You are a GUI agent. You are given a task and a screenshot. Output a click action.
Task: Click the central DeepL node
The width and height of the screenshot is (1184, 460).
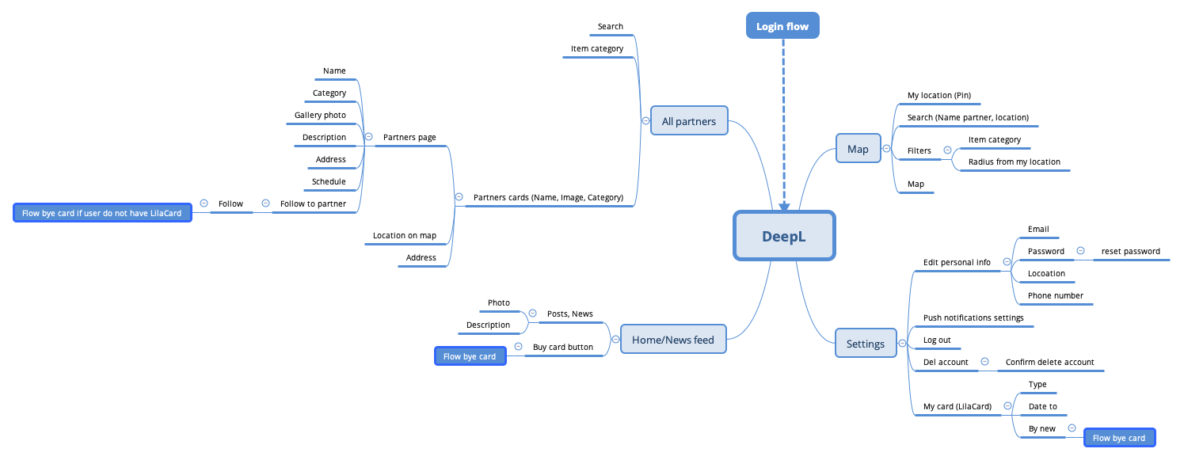(x=783, y=236)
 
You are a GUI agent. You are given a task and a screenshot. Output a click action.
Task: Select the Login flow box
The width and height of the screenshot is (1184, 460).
(x=782, y=26)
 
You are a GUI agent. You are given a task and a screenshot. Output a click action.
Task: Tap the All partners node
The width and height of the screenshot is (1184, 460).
(x=688, y=121)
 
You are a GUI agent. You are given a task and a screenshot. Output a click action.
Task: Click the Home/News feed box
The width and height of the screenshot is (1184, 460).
(x=672, y=340)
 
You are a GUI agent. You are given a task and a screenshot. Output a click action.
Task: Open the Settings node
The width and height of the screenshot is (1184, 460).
(x=865, y=344)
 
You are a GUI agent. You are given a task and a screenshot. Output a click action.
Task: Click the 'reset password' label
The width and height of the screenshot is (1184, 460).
(x=1130, y=251)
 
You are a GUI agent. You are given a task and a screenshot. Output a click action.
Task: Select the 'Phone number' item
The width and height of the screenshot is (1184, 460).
(x=1055, y=295)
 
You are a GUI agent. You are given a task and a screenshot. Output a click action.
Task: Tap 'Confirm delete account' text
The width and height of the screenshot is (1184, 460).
(x=1049, y=362)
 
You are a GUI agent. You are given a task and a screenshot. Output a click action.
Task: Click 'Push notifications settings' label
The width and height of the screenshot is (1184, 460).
(x=973, y=317)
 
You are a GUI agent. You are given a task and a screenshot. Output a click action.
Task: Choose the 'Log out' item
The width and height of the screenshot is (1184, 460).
(x=937, y=340)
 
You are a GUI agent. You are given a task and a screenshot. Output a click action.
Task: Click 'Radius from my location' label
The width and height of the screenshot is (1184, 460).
(x=1014, y=162)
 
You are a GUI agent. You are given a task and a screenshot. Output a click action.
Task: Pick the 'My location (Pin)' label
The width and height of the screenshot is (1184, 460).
(x=938, y=95)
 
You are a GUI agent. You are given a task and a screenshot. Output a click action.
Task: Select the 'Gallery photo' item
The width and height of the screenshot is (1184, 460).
(x=320, y=115)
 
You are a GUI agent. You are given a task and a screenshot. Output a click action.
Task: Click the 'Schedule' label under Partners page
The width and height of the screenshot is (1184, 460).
(x=329, y=181)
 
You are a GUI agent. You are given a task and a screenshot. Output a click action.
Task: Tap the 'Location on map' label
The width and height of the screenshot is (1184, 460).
(x=404, y=235)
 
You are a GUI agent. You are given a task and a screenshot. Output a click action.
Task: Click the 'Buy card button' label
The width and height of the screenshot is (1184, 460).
(x=562, y=347)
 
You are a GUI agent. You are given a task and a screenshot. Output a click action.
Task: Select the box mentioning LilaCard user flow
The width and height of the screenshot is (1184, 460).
(x=103, y=213)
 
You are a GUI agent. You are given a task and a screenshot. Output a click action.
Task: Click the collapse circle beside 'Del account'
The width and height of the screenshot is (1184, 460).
(x=984, y=362)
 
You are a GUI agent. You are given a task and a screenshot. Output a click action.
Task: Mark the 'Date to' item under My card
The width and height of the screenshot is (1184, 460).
(x=1042, y=406)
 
